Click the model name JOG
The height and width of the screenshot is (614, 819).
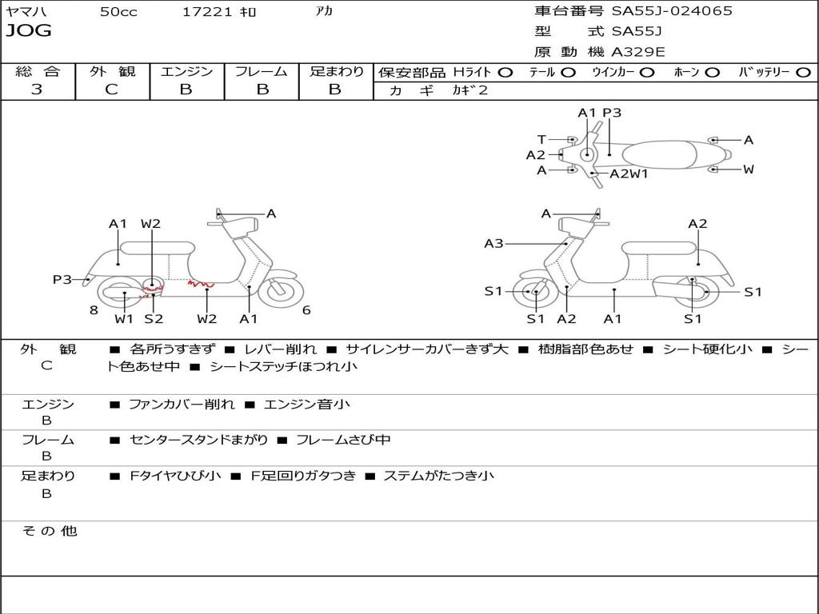(29, 31)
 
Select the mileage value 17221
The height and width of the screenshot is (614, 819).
(207, 12)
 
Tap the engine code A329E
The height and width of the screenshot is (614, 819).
(637, 53)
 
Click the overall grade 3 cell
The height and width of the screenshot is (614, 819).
(37, 90)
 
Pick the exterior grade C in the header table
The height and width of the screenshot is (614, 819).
(112, 90)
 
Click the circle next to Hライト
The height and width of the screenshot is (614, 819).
(505, 72)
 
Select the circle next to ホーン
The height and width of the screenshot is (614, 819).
(713, 72)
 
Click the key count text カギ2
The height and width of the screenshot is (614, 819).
(470, 90)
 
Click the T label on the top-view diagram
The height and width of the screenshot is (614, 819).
(541, 139)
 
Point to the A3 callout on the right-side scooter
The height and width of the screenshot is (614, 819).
(493, 243)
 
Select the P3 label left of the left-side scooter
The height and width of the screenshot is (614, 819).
(62, 279)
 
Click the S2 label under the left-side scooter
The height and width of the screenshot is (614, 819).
(154, 319)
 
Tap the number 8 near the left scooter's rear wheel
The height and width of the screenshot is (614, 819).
(94, 310)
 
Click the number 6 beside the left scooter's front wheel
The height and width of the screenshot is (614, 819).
(306, 310)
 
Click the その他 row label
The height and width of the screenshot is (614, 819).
(48, 531)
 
